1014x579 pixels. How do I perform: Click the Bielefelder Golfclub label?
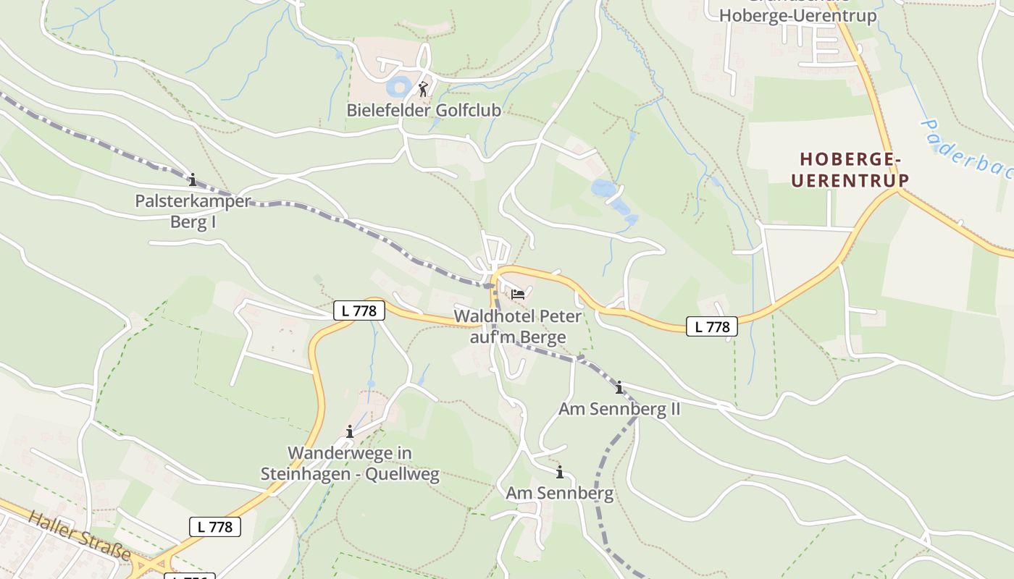[x=424, y=111]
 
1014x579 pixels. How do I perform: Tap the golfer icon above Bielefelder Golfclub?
[x=423, y=89]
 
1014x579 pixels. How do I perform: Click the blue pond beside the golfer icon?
[x=398, y=88]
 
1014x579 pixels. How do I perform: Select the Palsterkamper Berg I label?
[x=193, y=211]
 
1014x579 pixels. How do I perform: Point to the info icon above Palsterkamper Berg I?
[x=192, y=179]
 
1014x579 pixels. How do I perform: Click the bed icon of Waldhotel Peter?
[x=518, y=294]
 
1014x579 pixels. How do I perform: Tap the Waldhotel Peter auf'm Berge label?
[x=517, y=326]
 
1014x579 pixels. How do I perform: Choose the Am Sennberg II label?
[x=619, y=409]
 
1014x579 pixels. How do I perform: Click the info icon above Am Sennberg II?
[x=619, y=388]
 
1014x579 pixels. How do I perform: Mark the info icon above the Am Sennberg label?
[x=559, y=473]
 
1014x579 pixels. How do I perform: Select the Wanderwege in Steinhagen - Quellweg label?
[x=350, y=464]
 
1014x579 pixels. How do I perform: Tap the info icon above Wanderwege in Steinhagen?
[x=350, y=432]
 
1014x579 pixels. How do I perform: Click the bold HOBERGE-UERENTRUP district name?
[x=850, y=169]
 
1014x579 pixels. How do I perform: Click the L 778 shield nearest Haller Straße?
[x=214, y=526]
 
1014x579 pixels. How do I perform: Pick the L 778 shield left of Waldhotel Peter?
[x=359, y=310]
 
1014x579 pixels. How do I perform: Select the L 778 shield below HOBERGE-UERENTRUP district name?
[x=712, y=326]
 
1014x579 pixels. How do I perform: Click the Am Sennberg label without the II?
[x=559, y=494]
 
